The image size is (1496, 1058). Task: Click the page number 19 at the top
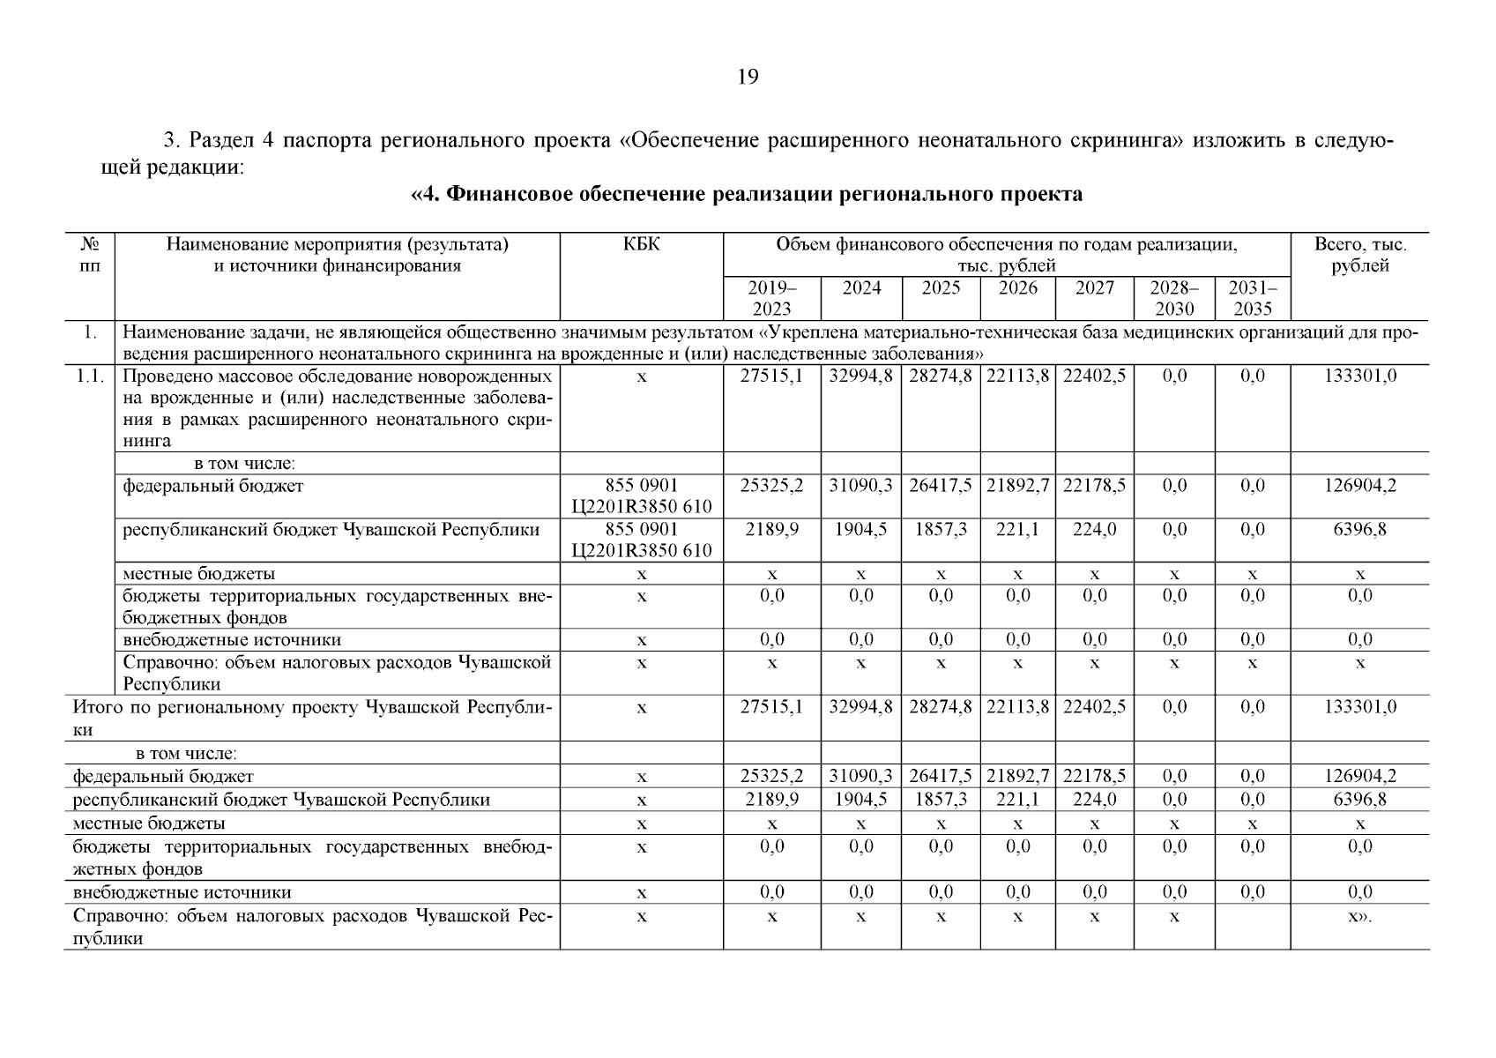[747, 78]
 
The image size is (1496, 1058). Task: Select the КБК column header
[641, 244]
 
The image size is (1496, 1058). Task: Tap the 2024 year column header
[860, 288]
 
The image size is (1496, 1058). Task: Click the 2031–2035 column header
[1252, 298]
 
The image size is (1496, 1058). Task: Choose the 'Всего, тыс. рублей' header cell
[1359, 255]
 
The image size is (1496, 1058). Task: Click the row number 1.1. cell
[89, 376]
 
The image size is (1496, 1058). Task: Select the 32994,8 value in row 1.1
[860, 376]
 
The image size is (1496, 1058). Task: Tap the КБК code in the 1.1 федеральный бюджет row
[641, 496]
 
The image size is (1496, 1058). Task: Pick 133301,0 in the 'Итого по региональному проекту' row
[1359, 707]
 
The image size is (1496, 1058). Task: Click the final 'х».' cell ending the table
[1359, 917]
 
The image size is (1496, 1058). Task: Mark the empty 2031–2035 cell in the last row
[1252, 926]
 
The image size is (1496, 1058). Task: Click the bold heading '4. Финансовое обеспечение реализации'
[747, 195]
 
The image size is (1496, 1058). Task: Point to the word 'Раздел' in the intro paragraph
[219, 142]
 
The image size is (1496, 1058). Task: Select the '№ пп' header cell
[89, 255]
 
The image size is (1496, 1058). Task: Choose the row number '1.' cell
[89, 333]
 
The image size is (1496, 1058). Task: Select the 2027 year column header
[1094, 288]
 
